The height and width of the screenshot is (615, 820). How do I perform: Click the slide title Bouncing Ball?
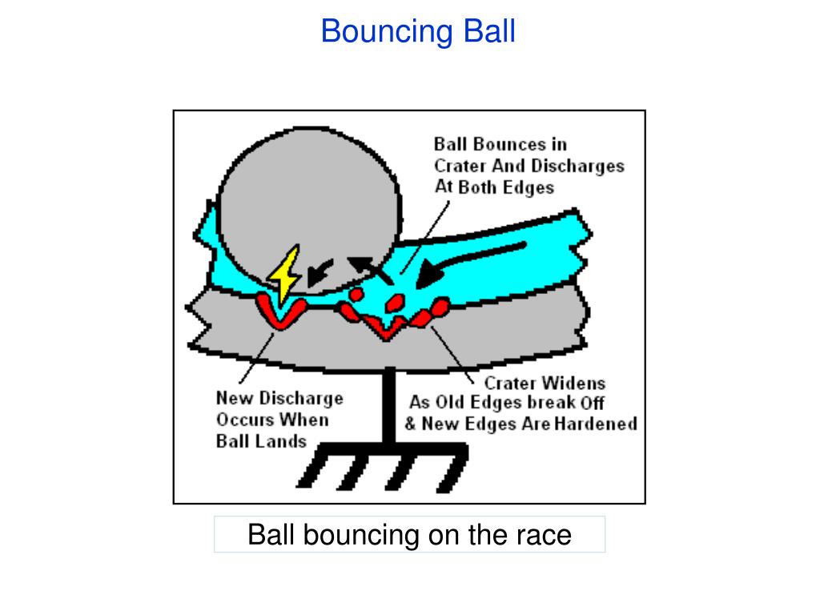[x=418, y=32]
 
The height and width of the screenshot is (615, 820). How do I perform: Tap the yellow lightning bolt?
[x=285, y=274]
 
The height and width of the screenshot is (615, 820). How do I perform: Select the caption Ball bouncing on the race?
[x=409, y=534]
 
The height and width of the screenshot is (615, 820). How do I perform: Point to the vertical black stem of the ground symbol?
[x=389, y=408]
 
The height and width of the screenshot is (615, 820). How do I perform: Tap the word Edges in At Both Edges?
[x=529, y=187]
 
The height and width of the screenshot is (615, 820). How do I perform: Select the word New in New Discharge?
[x=233, y=398]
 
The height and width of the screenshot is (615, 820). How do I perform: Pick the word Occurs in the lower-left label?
[x=244, y=420]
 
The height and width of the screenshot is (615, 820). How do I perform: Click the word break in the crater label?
[x=547, y=403]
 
